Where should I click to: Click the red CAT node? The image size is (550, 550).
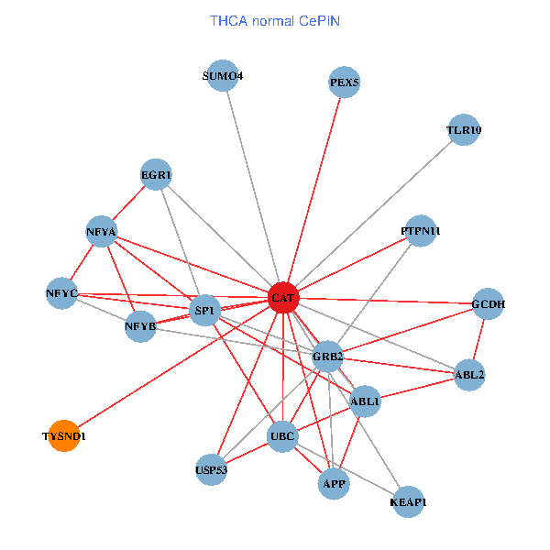(x=283, y=297)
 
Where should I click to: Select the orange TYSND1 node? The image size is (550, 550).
(x=64, y=435)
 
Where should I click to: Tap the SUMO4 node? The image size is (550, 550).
(x=223, y=75)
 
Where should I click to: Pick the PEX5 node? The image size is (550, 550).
(x=344, y=82)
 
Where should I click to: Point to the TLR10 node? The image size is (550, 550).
(x=464, y=130)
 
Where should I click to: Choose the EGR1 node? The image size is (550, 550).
(x=156, y=174)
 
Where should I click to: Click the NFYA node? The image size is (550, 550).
(x=102, y=232)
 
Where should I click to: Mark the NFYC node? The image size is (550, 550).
(x=61, y=293)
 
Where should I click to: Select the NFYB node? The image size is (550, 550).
(x=140, y=326)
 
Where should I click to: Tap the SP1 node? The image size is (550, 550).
(x=204, y=311)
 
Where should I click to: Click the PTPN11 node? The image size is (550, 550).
(x=421, y=231)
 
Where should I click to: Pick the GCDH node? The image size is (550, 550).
(x=488, y=303)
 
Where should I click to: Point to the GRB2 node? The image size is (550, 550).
(x=327, y=357)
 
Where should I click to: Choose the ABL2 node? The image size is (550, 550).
(x=469, y=375)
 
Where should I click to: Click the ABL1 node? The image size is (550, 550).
(x=365, y=401)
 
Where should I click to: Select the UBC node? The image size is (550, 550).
(x=282, y=436)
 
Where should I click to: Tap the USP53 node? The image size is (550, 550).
(x=211, y=469)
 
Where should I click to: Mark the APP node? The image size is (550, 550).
(x=334, y=484)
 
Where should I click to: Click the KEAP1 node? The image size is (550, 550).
(x=408, y=502)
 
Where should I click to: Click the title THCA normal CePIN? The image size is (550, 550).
(x=275, y=21)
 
